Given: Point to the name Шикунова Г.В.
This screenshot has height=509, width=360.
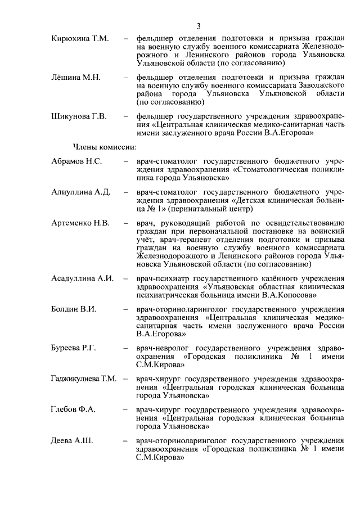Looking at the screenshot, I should click(78, 116).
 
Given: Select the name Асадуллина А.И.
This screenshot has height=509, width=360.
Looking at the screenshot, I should click(82, 278).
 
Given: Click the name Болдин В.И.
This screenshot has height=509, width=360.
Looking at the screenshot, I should click(73, 309).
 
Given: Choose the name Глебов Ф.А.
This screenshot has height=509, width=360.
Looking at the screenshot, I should click(73, 409).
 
